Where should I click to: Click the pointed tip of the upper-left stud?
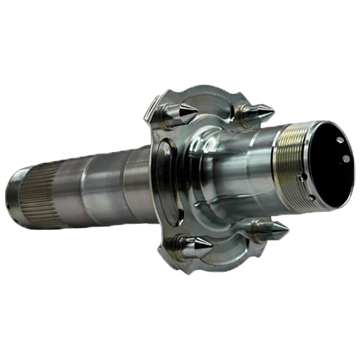tap(198, 109)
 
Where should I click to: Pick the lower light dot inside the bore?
tap(346, 159)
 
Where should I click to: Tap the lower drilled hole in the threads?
tap(312, 197)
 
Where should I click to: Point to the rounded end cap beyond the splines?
tap(14, 197)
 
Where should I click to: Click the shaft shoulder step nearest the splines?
tap(83, 191)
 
